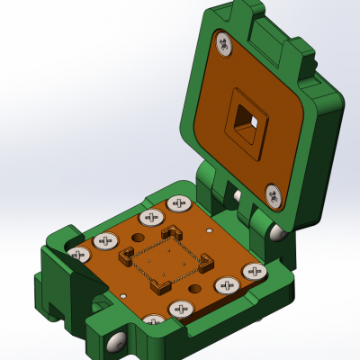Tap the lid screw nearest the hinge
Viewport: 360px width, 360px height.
[274, 194]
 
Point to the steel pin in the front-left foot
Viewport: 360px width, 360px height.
[114, 342]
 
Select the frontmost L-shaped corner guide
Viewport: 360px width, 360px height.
[161, 286]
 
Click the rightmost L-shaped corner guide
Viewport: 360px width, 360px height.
[207, 262]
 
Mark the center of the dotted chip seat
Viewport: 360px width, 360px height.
[166, 260]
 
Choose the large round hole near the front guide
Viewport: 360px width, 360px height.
[194, 287]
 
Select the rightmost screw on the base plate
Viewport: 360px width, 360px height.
[255, 271]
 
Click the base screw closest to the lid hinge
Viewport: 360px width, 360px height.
[179, 203]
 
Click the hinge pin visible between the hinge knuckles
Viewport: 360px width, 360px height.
[237, 195]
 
